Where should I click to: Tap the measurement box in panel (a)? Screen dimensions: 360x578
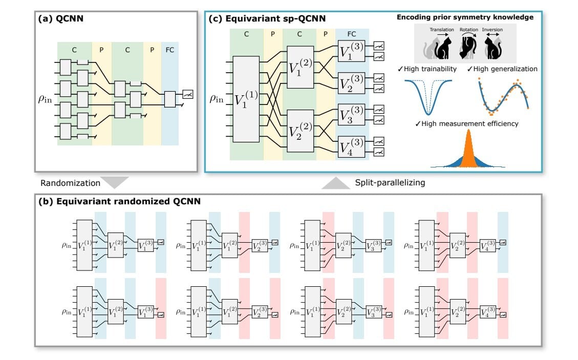187,94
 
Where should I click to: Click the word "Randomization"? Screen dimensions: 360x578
64,183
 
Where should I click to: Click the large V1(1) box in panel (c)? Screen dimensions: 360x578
246,99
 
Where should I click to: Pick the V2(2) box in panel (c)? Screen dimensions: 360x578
300,131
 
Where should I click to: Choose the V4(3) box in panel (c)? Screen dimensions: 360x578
351,146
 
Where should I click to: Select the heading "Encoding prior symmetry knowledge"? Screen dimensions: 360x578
465,17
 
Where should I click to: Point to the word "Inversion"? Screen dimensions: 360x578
493,30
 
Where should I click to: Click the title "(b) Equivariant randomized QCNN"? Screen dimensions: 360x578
119,202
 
